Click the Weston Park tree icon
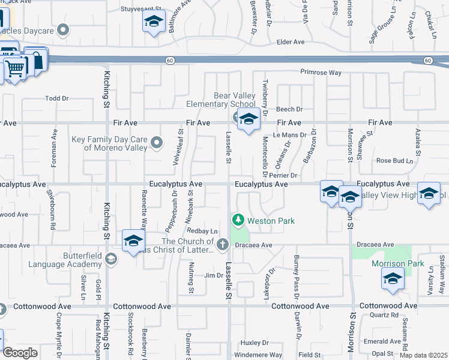click(238, 221)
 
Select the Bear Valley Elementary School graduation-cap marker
click(249, 120)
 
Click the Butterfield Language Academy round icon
click(110, 258)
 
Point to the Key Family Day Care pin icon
click(157, 143)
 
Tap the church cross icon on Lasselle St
click(223, 244)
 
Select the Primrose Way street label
click(321, 73)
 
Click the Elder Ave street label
click(291, 42)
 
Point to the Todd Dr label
click(57, 98)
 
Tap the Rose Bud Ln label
click(394, 161)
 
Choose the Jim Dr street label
click(213, 275)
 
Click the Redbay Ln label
click(202, 231)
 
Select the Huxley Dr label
click(254, 343)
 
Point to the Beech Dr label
click(289, 109)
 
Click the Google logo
click(20, 353)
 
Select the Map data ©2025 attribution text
click(424, 355)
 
